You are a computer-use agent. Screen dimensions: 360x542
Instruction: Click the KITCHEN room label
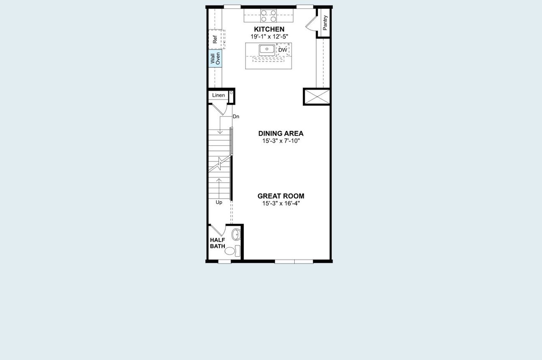(x=269, y=29)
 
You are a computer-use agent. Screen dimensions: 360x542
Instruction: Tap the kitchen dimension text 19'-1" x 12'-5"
(x=269, y=36)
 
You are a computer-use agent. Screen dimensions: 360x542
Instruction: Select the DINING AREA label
(x=281, y=133)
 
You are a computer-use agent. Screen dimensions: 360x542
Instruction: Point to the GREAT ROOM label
(x=281, y=196)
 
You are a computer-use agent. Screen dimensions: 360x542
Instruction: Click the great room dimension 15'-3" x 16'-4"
(x=281, y=203)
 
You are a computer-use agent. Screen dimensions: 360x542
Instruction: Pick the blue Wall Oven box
(x=215, y=58)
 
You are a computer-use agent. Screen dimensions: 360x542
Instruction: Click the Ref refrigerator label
(x=215, y=40)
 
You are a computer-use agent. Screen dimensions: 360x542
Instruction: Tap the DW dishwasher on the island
(x=282, y=50)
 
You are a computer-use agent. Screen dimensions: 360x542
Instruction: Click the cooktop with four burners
(x=268, y=16)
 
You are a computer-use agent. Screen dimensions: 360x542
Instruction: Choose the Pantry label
(x=325, y=22)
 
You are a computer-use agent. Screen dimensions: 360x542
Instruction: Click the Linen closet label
(x=218, y=95)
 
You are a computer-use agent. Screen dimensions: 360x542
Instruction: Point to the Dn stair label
(x=236, y=116)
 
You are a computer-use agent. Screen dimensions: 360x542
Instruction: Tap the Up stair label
(x=219, y=202)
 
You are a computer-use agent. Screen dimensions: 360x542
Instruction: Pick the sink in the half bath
(x=236, y=234)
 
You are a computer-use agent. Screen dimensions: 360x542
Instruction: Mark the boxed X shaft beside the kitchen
(x=317, y=96)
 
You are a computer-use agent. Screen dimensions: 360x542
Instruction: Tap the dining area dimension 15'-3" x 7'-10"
(x=281, y=141)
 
